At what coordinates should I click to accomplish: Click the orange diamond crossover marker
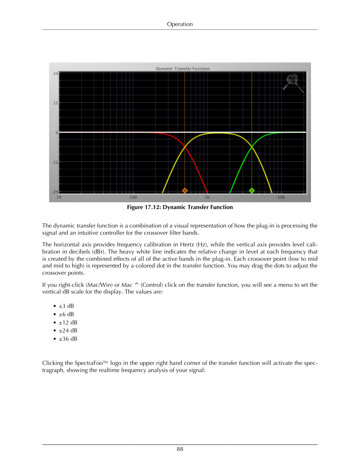185,191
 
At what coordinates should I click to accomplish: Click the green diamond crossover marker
252,191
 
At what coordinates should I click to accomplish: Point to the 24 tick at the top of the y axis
55,74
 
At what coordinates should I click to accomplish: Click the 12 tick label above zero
55,103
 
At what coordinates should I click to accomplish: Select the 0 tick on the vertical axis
57,133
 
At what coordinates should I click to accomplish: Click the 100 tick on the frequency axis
133,197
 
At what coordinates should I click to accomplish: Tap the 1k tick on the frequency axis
207,197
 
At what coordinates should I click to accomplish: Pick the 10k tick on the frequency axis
281,197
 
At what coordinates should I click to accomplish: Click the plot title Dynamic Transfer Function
183,69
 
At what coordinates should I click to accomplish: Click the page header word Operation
180,24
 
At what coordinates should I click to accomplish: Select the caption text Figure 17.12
144,207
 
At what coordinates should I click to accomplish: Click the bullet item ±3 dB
66,306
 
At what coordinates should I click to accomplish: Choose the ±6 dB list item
66,314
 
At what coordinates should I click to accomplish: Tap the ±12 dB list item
68,323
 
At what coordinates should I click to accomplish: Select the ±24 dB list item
68,331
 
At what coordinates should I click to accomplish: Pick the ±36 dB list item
68,339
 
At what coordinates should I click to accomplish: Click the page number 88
180,449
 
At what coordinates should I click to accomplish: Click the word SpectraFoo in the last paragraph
89,363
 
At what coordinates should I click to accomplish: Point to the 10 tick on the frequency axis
59,197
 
